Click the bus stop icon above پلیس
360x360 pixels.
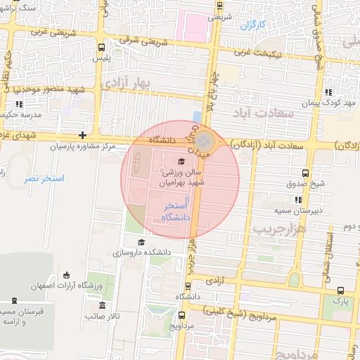click(x=103, y=48)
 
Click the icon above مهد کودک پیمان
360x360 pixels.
click(x=328, y=92)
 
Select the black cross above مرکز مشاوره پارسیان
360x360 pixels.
click(x=83, y=135)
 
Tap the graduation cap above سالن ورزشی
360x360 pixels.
click(x=172, y=161)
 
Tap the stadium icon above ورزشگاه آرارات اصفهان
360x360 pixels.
click(x=66, y=275)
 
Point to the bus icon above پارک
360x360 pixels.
click(x=341, y=290)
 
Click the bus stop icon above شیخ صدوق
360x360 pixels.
click(x=305, y=173)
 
